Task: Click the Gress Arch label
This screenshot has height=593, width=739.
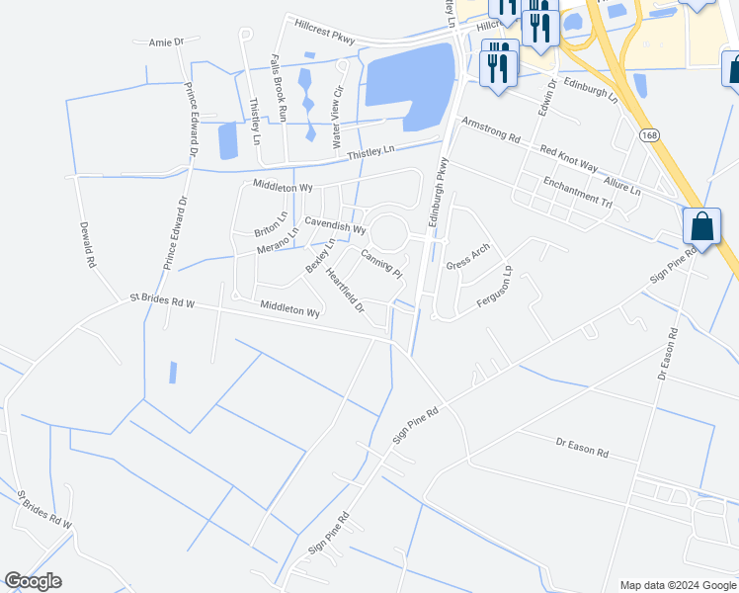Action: (467, 257)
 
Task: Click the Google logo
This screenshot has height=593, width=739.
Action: (33, 581)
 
